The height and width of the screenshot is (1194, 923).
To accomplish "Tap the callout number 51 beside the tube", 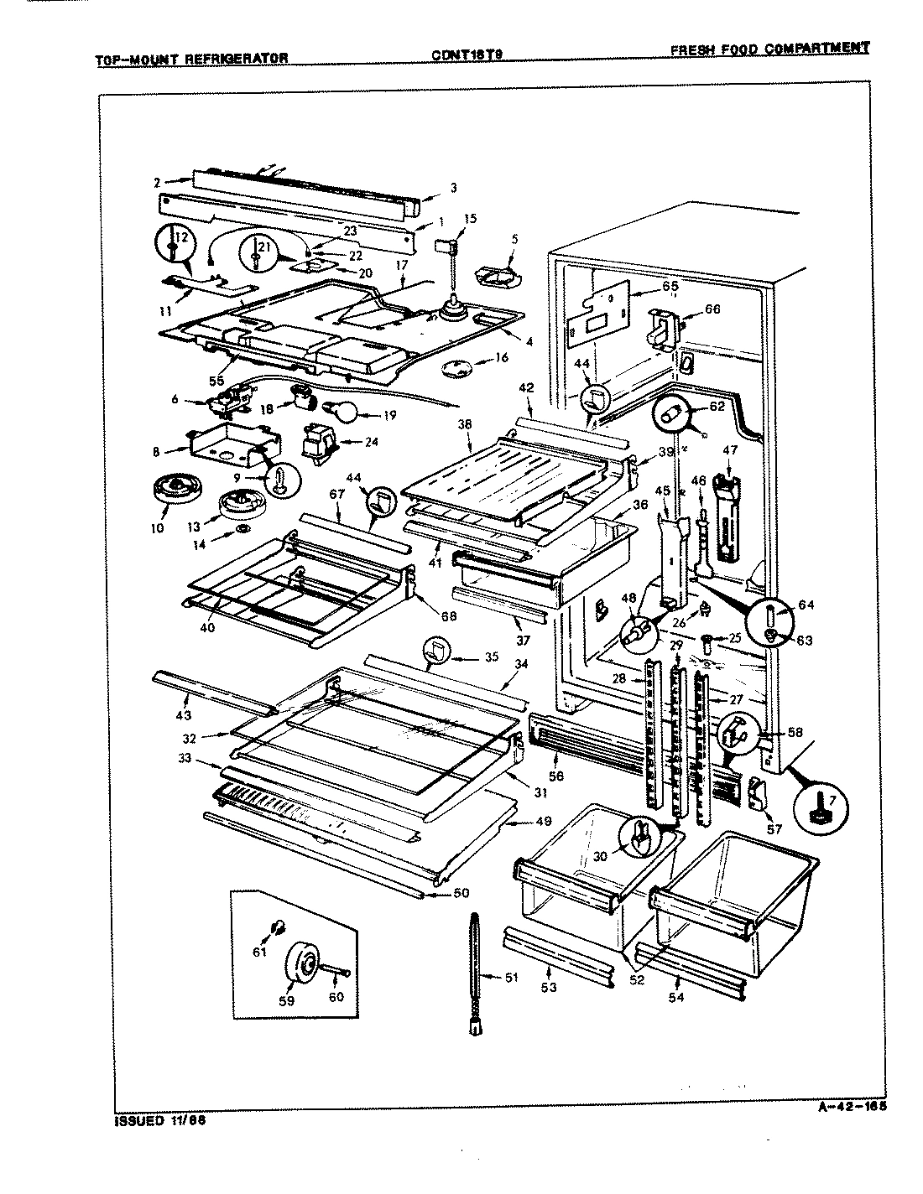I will tap(512, 977).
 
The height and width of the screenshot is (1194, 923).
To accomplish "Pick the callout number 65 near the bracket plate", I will tap(669, 286).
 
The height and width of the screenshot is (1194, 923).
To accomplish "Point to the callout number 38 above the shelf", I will tap(464, 425).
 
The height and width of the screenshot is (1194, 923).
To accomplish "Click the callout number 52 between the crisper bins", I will tap(637, 978).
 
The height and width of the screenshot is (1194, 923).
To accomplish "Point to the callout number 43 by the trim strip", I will tap(183, 714).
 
